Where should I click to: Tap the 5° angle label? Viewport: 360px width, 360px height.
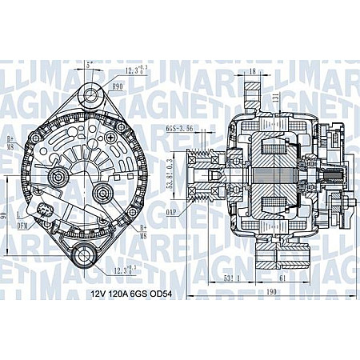point(88,64)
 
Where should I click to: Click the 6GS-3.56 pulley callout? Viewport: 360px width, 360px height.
point(179,128)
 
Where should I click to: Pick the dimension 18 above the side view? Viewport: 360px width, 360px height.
point(252,73)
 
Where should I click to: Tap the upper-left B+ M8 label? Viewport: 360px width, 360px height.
point(10,142)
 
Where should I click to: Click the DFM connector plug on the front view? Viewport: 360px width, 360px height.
point(44,212)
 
